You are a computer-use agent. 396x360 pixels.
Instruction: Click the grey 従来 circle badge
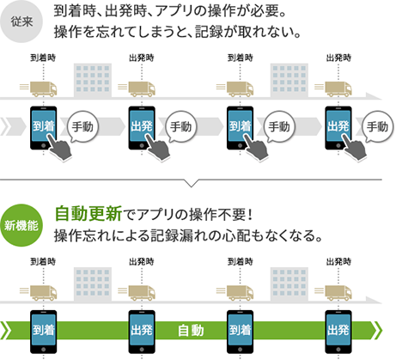(21, 21)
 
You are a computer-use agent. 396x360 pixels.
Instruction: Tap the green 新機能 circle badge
(21, 225)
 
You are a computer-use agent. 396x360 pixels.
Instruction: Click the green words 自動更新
(88, 213)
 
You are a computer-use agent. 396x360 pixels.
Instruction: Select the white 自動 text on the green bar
(191, 330)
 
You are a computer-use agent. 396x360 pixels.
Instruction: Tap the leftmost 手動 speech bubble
(82, 126)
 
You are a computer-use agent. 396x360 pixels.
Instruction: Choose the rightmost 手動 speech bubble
(378, 126)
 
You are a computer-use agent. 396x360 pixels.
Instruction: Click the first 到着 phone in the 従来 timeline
(43, 128)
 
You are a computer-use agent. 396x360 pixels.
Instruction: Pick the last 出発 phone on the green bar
(338, 332)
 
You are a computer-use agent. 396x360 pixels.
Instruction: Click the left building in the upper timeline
(93, 80)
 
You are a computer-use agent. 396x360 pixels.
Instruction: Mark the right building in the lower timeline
(289, 284)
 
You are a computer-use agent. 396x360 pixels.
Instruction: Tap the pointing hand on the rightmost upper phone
(355, 148)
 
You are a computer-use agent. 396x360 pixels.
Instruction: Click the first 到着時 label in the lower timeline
(43, 261)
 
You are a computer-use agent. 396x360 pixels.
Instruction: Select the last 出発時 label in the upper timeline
(338, 58)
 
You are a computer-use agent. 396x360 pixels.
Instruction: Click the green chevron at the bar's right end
(378, 330)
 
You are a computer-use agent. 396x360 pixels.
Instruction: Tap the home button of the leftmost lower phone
(43, 350)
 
